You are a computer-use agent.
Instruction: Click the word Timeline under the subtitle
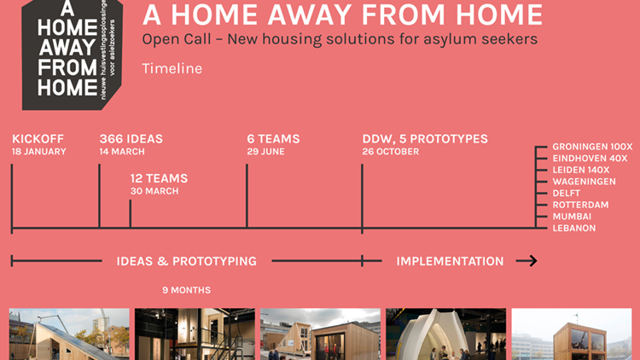pos(172,68)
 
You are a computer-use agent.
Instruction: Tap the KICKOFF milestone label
pos(38,139)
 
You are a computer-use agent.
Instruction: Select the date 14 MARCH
pos(122,152)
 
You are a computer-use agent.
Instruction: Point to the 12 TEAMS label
pos(159,178)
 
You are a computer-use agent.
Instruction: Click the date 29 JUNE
pos(265,152)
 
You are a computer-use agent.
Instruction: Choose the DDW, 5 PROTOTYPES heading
pos(425,139)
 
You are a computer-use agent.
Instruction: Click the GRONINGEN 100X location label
pos(592,147)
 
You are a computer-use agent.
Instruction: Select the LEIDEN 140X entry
pos(581,170)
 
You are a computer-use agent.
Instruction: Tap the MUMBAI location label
pos(572,217)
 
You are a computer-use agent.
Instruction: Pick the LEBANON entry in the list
pos(574,228)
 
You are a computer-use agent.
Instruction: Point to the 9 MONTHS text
pos(187,290)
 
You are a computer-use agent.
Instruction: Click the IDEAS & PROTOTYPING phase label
pos(187,261)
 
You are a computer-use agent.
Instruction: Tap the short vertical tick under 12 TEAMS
pos(131,213)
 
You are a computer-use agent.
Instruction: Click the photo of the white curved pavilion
pos(445,334)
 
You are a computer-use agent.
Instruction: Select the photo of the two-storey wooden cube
pos(572,334)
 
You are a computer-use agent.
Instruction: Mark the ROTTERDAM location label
pos(580,205)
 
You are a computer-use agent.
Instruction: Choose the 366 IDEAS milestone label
pos(131,139)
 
